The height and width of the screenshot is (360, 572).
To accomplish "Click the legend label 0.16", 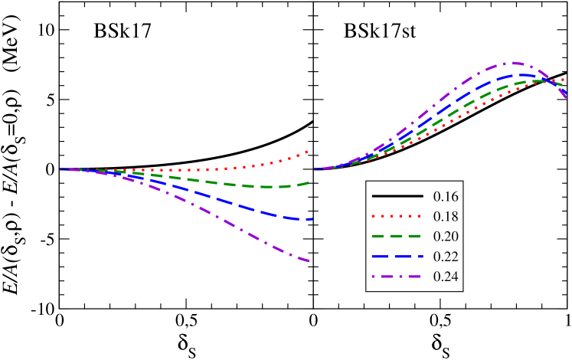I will pos(446,197).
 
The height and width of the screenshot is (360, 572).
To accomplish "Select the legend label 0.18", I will pos(446,217).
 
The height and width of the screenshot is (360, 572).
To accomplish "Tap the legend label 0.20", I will pos(446,237).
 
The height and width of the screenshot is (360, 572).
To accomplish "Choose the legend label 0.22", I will pos(446,257).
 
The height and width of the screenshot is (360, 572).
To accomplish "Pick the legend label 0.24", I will pos(446,277).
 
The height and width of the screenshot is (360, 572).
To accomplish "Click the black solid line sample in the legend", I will pos(397,197).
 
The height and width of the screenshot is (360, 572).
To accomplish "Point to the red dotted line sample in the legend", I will pos(397,217).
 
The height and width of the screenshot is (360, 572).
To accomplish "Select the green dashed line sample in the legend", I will pos(397,237).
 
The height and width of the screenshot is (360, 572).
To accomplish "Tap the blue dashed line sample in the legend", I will pos(397,257).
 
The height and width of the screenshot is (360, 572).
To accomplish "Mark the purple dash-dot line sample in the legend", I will pos(397,277).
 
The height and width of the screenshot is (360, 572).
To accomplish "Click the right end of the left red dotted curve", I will pos(309,152).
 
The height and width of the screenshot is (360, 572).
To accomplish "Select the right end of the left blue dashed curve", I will pos(311,219).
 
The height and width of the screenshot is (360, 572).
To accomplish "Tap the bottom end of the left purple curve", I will pos(309,262).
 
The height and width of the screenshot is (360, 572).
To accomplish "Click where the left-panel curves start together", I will pos(61,169).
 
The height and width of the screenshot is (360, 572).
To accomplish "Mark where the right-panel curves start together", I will pos(315,169).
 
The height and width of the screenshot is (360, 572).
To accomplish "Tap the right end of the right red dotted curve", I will pos(565,79).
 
